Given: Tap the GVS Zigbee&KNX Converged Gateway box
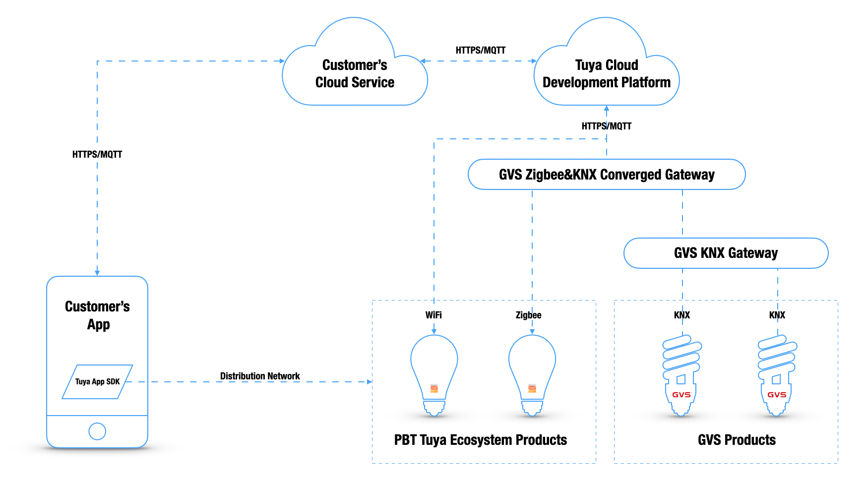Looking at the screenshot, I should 606,175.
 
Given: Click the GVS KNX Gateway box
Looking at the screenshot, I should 726,253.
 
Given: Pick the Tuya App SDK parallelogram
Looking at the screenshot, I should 97,382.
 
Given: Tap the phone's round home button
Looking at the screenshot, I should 97,431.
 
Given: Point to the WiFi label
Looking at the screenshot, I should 433,315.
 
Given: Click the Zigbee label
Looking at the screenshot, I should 528,315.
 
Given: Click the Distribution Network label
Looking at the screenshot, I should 260,376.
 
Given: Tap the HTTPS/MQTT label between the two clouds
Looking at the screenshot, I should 480,50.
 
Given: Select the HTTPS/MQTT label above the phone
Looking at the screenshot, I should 97,154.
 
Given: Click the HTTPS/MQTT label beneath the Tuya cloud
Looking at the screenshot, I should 606,126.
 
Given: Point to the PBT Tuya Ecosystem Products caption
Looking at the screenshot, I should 480,440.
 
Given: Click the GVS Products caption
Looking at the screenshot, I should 737,440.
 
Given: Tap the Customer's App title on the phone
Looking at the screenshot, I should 98,315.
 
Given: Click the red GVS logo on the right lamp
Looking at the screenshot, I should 777,395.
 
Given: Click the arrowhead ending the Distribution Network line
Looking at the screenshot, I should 370,382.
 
